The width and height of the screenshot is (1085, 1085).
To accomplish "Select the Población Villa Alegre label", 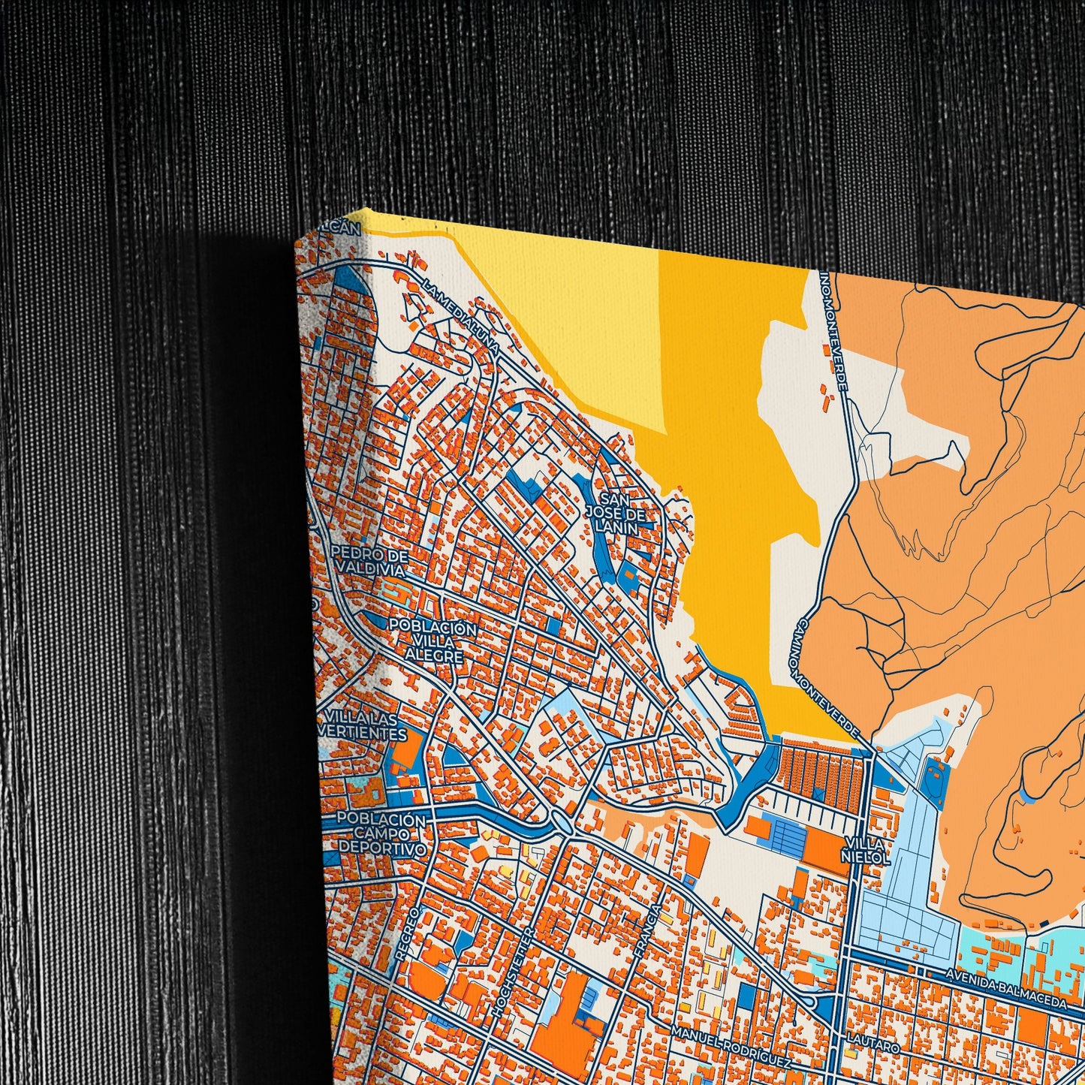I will pos(432,641).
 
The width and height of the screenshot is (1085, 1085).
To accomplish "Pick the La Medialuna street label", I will pos(460,318).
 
